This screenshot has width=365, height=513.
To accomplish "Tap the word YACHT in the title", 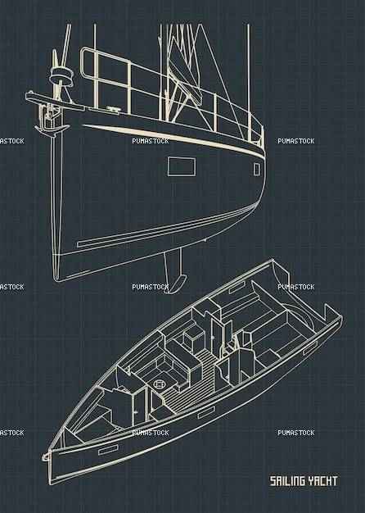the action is click(322, 481).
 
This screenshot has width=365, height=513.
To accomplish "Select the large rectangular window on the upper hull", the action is click(182, 166).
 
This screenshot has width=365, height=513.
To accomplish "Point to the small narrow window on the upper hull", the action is click(257, 170).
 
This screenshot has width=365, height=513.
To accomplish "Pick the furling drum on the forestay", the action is click(61, 76).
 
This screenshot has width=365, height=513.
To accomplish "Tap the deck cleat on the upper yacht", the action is click(112, 109).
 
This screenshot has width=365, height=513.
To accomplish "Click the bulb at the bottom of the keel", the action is click(177, 284).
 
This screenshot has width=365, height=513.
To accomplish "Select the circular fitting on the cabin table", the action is click(160, 384).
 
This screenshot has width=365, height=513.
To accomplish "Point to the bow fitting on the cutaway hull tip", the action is click(46, 456).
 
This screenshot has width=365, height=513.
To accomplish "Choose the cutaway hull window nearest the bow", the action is click(108, 450).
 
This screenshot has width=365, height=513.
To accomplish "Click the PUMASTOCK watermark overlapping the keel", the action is click(151, 287).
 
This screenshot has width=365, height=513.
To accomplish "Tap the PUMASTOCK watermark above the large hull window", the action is click(151, 141).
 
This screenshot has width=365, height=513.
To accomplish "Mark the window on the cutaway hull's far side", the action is click(237, 288).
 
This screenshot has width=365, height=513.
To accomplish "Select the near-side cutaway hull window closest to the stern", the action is click(310, 348).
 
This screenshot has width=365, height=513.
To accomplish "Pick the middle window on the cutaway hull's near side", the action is click(206, 412).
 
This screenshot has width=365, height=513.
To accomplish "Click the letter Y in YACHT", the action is click(312, 481).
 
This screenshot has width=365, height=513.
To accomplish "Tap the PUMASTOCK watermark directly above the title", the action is click(296, 433).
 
